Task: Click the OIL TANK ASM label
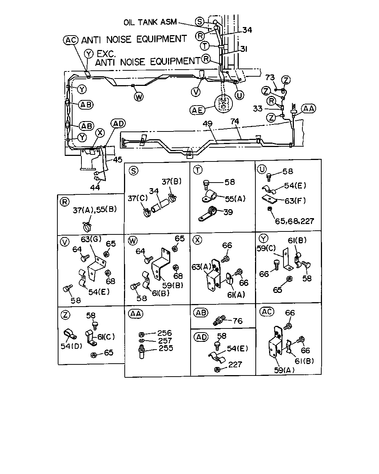150,22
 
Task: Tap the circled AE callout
197,110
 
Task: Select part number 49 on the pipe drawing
207,124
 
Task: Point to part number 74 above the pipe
235,121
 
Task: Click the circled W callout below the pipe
139,97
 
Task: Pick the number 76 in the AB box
238,321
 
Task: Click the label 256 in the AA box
164,333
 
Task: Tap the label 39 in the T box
228,212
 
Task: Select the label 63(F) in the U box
295,201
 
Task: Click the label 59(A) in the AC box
284,370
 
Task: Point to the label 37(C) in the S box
138,198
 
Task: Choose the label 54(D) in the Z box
71,346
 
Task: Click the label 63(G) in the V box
91,239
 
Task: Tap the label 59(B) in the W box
172,286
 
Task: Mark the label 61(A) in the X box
236,295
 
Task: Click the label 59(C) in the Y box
266,248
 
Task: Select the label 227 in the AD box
235,364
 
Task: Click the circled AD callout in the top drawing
118,124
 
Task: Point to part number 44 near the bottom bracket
95,187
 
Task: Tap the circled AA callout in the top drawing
309,109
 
